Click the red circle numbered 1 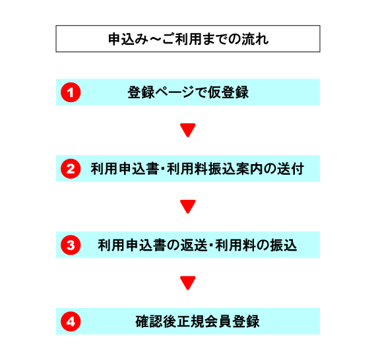tap(71, 92)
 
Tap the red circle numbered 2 tap(71, 169)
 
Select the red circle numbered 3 tap(71, 245)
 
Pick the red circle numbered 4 tap(71, 321)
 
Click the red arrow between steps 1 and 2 tap(188, 130)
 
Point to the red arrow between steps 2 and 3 tap(188, 206)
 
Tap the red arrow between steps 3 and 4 tap(188, 283)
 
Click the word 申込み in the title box tap(128, 39)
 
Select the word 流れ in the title tap(255, 39)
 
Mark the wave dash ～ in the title tap(155, 39)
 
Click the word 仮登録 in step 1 tap(228, 92)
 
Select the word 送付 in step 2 tap(291, 169)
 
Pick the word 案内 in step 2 tap(249, 169)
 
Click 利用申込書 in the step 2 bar tap(125, 169)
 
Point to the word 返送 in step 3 tap(194, 245)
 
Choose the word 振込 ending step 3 tap(284, 245)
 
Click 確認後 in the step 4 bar tap(156, 321)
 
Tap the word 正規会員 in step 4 tap(204, 321)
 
